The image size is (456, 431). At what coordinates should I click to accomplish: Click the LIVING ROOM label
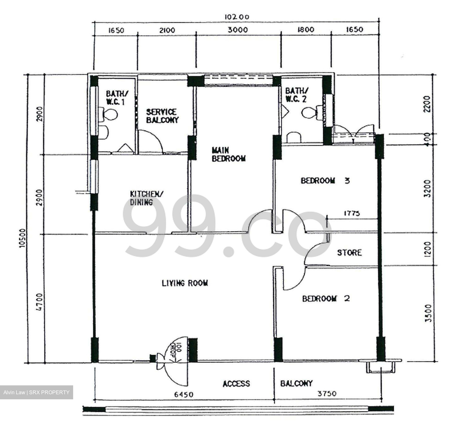point(185,283)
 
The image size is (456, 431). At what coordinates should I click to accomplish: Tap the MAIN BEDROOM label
point(228,154)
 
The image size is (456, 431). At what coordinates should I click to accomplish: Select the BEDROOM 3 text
point(325,181)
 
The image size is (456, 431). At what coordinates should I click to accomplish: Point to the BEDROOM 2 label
point(326,299)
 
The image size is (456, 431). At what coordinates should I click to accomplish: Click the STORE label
point(349,253)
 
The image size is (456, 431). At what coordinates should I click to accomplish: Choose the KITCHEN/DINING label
point(146,198)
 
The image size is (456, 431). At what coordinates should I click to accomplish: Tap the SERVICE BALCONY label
point(162,116)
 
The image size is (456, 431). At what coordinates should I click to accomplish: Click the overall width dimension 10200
point(237,17)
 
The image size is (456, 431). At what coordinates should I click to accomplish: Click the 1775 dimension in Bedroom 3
point(351,213)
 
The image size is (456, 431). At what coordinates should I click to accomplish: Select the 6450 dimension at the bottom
point(184,395)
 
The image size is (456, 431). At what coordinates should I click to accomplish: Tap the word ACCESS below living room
point(236,384)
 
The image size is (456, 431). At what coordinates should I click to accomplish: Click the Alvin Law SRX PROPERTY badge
point(36,392)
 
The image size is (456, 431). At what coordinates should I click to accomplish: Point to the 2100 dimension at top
point(167,30)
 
